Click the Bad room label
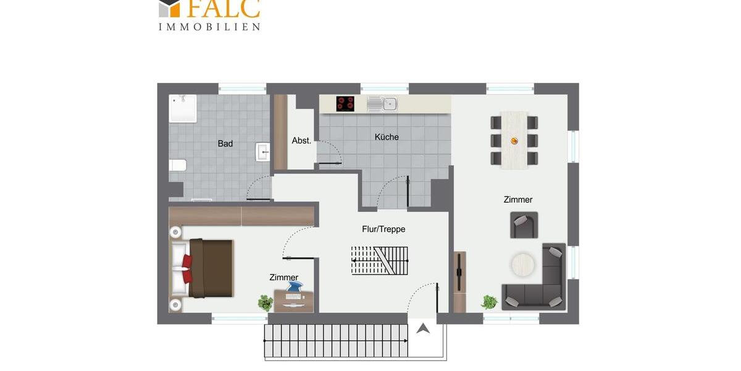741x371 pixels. (x=225, y=143)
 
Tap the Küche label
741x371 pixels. (x=387, y=137)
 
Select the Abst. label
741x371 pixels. (x=301, y=141)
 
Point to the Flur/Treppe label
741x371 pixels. (x=383, y=229)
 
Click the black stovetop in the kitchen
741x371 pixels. (x=345, y=103)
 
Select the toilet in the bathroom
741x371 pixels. (x=178, y=165)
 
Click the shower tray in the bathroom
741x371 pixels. (x=183, y=108)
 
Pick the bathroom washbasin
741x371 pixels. (x=263, y=151)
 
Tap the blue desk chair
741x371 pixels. (x=294, y=287)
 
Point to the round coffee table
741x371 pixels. (x=524, y=265)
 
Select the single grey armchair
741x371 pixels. (x=524, y=224)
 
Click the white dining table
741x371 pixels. (x=514, y=140)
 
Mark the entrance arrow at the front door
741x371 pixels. (x=423, y=328)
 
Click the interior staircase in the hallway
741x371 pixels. (x=380, y=260)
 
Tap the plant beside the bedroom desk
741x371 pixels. (x=266, y=302)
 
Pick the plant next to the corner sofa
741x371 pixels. (x=490, y=302)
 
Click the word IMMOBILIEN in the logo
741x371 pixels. (x=209, y=27)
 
